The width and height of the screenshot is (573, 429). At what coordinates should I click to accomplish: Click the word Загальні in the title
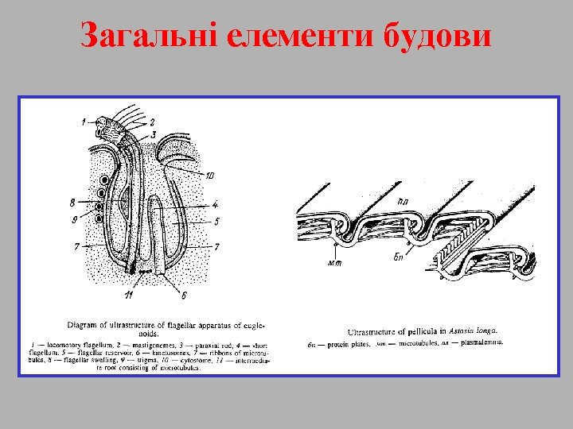pos(149,35)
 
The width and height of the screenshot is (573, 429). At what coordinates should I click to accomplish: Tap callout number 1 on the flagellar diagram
pos(84,122)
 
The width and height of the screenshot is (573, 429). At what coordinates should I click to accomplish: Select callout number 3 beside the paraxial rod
pos(153,134)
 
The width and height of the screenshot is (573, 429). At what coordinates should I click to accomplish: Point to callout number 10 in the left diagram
pos(209,175)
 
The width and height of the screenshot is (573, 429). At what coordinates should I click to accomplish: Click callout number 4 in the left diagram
pos(215,204)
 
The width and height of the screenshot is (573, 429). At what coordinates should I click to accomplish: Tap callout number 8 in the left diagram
pos(72,203)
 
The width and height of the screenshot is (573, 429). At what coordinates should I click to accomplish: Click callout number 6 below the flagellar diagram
pos(184,296)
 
